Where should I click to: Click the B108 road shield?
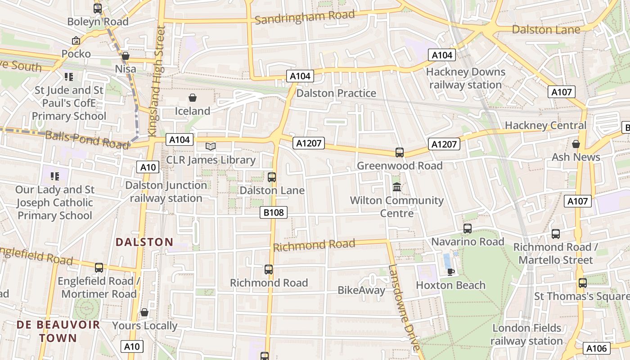point(274,212)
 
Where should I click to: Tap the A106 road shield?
point(597,348)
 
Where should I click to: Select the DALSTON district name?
point(144,242)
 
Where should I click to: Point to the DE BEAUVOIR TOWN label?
point(47,331)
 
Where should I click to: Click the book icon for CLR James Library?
point(211,146)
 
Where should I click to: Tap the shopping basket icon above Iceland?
point(193,98)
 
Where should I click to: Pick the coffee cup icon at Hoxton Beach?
point(451,272)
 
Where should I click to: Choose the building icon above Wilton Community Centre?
point(397,187)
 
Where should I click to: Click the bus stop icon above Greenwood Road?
point(400,153)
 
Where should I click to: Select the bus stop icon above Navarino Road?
point(468,229)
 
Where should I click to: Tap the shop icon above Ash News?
point(576,144)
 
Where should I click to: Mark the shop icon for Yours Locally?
point(144,312)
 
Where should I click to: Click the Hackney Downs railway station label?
point(465,78)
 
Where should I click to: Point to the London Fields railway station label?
point(526,334)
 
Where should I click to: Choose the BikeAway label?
point(361,290)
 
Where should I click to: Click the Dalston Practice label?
point(336,93)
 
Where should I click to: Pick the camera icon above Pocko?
point(76,40)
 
